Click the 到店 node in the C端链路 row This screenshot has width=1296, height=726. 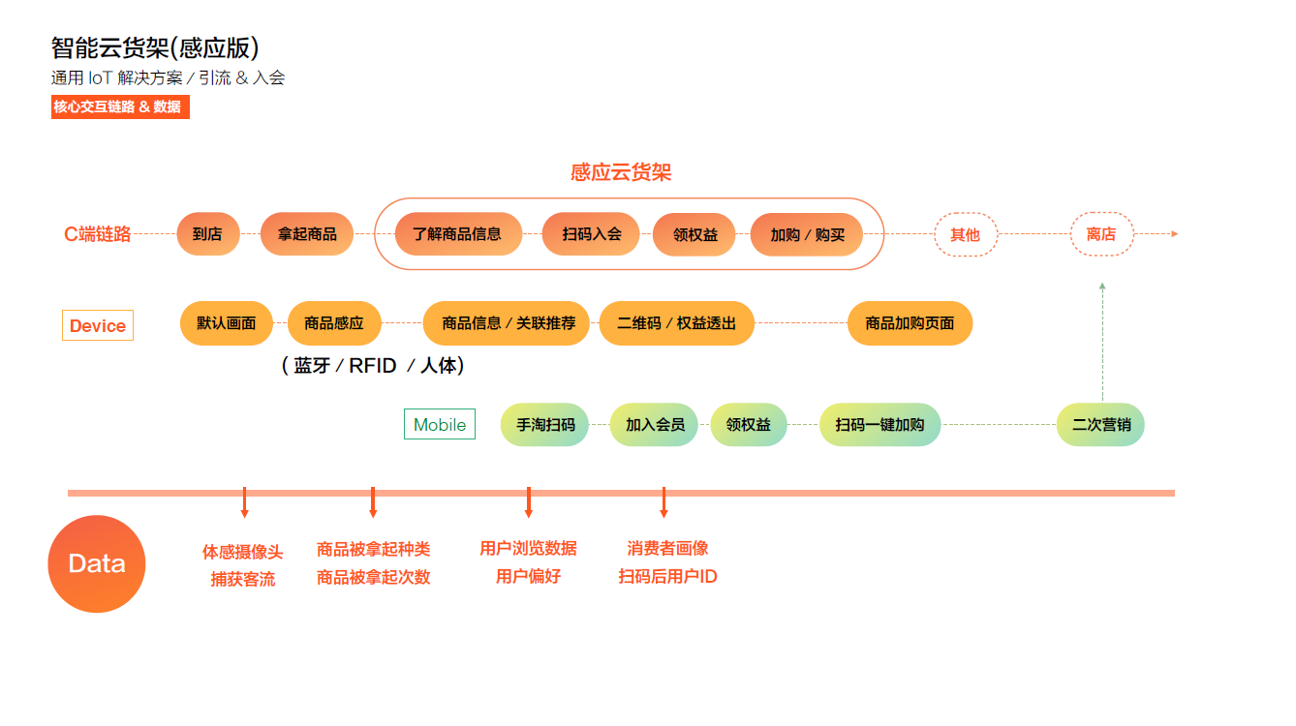(x=207, y=234)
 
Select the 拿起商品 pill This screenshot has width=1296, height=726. (x=307, y=234)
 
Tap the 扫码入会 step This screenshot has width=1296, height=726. (x=591, y=234)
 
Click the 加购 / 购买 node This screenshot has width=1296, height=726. (x=807, y=234)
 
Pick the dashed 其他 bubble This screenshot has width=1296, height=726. (x=965, y=234)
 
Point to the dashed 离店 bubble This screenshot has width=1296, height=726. (x=1101, y=234)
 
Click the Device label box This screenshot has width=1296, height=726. (x=98, y=326)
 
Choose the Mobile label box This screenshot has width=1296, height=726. (x=440, y=425)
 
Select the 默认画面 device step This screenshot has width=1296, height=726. (x=227, y=323)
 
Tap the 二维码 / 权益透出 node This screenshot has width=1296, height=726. (x=676, y=323)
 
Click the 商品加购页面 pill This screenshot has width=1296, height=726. (x=910, y=323)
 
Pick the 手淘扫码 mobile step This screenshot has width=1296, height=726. (x=544, y=425)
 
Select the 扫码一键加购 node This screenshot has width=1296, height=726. (x=879, y=425)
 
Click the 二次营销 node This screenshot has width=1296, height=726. (x=1100, y=425)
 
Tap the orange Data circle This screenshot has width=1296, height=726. (x=97, y=564)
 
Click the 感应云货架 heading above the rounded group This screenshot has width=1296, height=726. (x=621, y=172)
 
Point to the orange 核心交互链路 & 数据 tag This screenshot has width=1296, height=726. (x=120, y=107)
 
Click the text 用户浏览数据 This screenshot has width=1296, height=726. (x=528, y=548)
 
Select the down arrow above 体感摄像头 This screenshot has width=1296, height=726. (x=244, y=502)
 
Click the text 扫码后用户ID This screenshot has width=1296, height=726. (x=667, y=577)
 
